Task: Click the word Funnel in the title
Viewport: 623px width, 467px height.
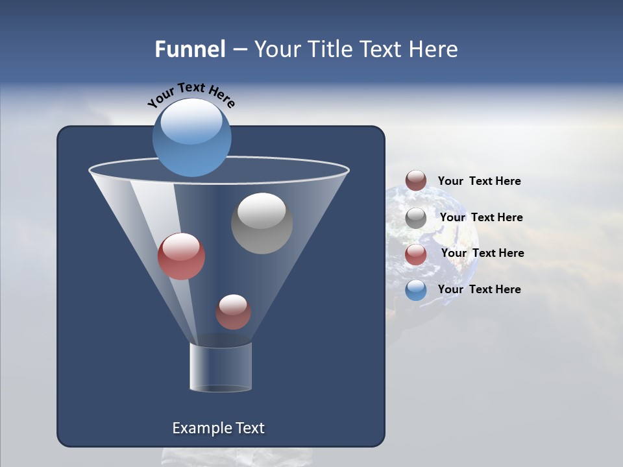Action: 189,49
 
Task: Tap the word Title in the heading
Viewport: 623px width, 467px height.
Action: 328,49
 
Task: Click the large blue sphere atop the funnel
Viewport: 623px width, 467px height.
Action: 192,138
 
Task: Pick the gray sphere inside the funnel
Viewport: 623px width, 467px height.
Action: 262,223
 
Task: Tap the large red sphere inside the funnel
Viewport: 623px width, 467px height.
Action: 181,256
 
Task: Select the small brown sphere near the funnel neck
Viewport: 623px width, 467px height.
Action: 233,312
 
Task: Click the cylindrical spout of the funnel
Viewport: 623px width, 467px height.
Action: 221,367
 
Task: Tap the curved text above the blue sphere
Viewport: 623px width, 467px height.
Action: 191,94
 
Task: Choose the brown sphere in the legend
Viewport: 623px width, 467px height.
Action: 416,180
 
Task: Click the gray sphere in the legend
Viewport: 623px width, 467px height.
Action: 416,217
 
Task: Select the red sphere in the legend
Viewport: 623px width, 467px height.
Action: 416,254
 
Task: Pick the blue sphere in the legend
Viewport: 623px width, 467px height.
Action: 416,290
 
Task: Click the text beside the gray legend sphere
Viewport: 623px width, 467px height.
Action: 481,217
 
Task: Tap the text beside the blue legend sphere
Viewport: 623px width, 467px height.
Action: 479,289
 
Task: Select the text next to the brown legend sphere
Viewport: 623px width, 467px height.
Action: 479,181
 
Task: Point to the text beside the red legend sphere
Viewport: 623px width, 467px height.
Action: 482,253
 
